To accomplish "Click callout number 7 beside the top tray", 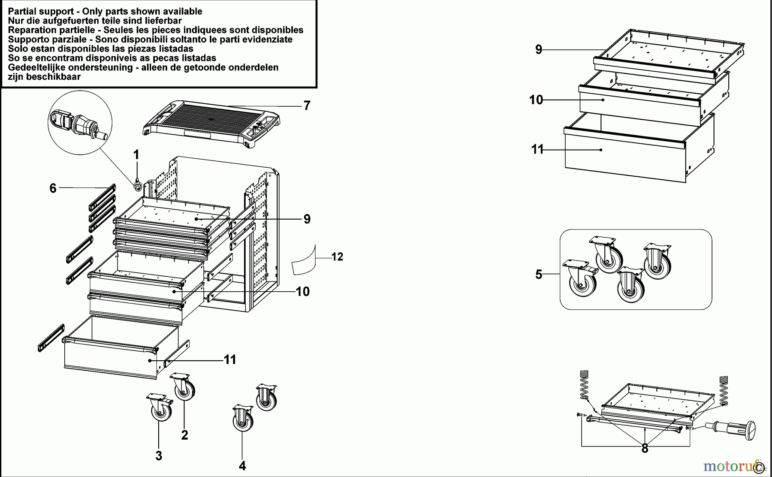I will click(307, 106).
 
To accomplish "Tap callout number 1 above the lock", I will click(136, 155).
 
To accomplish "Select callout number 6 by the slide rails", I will click(53, 188).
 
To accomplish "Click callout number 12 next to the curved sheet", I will click(338, 257).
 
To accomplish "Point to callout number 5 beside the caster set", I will click(539, 274).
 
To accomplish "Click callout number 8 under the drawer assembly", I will click(645, 449).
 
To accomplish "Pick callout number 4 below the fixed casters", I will click(242, 465).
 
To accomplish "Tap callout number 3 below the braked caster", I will click(159, 456).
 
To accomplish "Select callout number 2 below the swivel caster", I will click(184, 435).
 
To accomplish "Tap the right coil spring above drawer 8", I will click(724, 390).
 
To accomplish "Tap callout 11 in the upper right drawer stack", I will click(537, 149).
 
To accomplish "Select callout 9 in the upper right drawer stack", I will click(539, 50).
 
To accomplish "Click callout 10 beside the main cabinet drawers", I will click(303, 292).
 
